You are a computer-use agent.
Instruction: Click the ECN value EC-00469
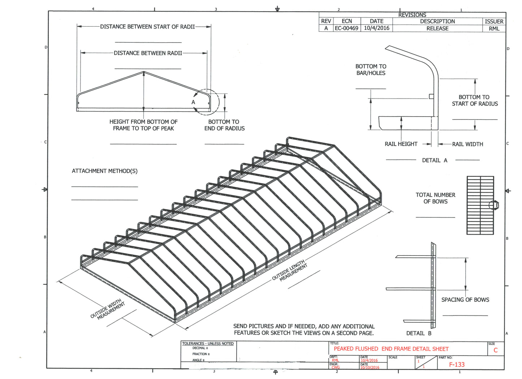click(346, 28)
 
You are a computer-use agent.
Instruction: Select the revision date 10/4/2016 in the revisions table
click(376, 28)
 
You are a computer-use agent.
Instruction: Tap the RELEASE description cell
click(437, 29)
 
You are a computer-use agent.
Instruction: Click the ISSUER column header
click(494, 21)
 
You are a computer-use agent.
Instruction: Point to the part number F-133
click(457, 365)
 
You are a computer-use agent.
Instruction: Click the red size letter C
click(495, 350)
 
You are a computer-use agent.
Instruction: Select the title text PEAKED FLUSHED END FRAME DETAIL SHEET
click(391, 349)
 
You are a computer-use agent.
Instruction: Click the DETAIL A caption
click(435, 160)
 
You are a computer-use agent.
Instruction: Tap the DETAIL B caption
click(419, 333)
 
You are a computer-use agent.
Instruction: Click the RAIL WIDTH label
click(467, 144)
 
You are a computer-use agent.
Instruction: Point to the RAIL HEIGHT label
click(401, 144)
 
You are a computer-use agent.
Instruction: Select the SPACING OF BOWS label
click(465, 300)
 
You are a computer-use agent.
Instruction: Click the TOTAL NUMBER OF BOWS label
click(435, 198)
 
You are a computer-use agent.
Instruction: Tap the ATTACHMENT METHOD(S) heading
click(104, 171)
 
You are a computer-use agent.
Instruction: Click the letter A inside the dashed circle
click(193, 102)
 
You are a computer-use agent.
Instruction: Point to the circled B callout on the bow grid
click(496, 205)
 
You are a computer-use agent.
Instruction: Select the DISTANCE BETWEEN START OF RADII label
click(147, 27)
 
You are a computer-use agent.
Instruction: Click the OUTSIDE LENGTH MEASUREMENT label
click(290, 270)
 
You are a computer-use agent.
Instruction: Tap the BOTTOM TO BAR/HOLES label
click(371, 70)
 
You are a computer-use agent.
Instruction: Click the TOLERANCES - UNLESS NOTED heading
click(208, 344)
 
